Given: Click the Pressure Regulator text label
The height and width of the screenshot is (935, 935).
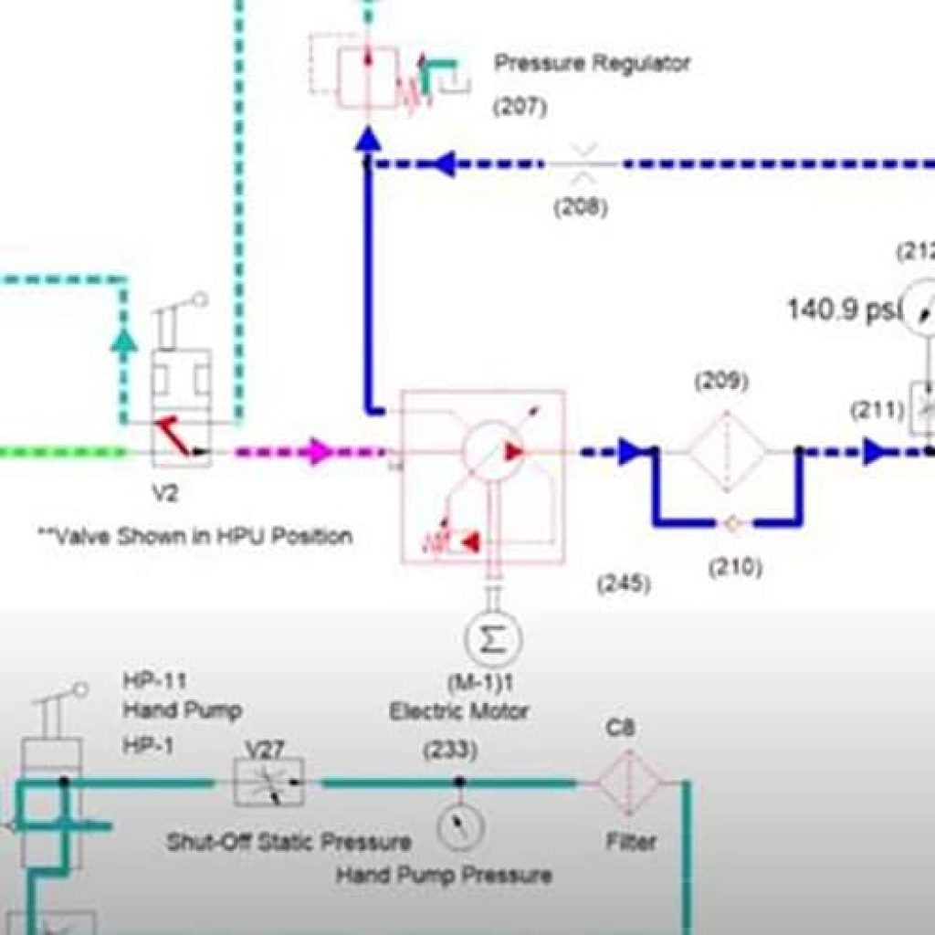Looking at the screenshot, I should point(592,64).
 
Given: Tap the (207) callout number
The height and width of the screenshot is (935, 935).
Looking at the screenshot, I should point(520,107).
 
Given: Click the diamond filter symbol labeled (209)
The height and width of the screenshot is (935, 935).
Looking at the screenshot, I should point(726,451).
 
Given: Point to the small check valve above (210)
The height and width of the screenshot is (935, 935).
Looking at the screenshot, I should point(730,524).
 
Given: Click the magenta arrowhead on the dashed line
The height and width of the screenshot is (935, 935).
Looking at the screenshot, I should point(320,451).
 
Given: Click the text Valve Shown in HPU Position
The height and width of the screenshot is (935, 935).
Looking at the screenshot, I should point(194,536).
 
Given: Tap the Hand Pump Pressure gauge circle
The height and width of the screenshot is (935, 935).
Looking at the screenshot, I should point(459,827).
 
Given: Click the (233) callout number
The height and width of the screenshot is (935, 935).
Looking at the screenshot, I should point(449,751).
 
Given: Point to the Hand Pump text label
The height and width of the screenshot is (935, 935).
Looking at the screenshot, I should point(182,710).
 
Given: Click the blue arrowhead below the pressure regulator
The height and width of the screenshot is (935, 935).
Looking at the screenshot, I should point(367,140).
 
